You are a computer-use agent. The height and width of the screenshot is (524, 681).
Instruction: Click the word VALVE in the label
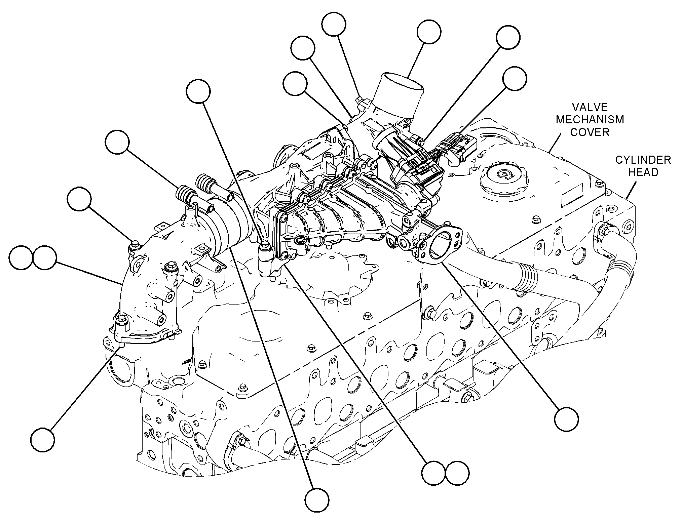pyautogui.click(x=590, y=107)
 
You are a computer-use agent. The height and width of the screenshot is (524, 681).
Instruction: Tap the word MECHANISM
pyautogui.click(x=590, y=120)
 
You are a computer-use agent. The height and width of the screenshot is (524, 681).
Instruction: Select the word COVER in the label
pyautogui.click(x=590, y=132)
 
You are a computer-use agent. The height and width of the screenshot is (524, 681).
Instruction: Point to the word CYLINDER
pyautogui.click(x=643, y=160)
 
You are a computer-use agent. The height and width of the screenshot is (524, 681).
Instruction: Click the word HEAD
pyautogui.click(x=643, y=172)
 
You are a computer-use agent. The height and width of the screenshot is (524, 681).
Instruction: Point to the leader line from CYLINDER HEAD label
pyautogui.click(x=631, y=190)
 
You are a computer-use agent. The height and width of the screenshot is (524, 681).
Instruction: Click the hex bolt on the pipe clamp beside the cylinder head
pyautogui.click(x=603, y=232)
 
